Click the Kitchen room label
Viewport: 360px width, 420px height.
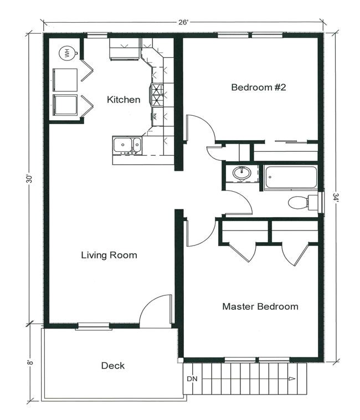point(124,100)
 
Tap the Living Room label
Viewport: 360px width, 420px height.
point(109,255)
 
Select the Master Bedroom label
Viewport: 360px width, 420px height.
point(260,306)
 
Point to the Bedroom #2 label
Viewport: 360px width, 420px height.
point(259,88)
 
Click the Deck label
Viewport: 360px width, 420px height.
point(112,366)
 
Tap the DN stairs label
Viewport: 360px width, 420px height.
point(192,379)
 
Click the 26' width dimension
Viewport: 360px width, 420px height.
point(184,22)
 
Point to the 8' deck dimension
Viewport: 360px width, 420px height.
point(30,362)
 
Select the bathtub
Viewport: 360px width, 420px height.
point(291,178)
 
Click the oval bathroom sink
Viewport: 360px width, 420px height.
point(241,173)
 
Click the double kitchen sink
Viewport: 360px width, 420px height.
point(127,145)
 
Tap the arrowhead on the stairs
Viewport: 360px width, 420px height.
point(292,379)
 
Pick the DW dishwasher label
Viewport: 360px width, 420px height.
point(155,116)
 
